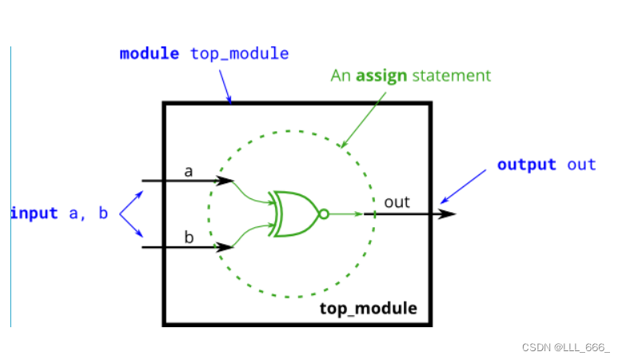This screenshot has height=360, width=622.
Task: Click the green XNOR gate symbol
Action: (x=293, y=214)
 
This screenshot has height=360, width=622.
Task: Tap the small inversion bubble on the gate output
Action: (x=323, y=214)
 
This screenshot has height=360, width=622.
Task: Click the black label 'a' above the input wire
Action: (x=189, y=171)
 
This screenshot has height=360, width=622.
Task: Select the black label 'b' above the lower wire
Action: (x=189, y=238)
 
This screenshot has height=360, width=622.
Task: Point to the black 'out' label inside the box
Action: (x=397, y=202)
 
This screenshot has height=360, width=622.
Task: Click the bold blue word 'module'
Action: (x=150, y=54)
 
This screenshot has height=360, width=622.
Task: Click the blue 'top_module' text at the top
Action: (x=239, y=54)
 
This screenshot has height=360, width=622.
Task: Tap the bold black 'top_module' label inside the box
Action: (x=369, y=309)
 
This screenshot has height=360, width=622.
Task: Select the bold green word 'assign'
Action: (x=381, y=76)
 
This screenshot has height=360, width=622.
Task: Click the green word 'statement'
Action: (x=451, y=76)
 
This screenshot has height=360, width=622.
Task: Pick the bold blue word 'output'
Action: (x=526, y=165)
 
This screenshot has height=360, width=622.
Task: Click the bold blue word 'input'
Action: (x=34, y=214)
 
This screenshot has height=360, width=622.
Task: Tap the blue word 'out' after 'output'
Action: (x=582, y=165)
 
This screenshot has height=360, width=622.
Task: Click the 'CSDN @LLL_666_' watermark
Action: (x=565, y=347)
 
